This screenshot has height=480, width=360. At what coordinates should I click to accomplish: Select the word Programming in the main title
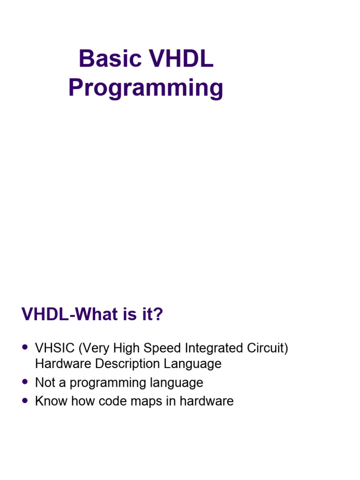pos(146,88)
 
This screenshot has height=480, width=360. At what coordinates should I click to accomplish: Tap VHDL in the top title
pos(180,59)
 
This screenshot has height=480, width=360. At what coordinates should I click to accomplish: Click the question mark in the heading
pos(158,315)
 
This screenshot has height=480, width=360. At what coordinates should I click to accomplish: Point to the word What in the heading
pos(95,315)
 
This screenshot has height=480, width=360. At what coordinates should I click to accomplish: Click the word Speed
pos(163,349)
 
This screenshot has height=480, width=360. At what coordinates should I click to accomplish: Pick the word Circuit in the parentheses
pos(267,349)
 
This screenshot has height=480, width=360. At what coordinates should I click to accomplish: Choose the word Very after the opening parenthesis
pos(94,349)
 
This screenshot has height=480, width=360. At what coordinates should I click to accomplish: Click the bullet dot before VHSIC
pos(25,347)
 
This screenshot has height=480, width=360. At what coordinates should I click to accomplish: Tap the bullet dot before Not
pos(25,382)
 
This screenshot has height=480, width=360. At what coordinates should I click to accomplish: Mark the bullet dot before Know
pos(25,400)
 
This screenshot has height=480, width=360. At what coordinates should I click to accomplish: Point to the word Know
pos(51,401)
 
